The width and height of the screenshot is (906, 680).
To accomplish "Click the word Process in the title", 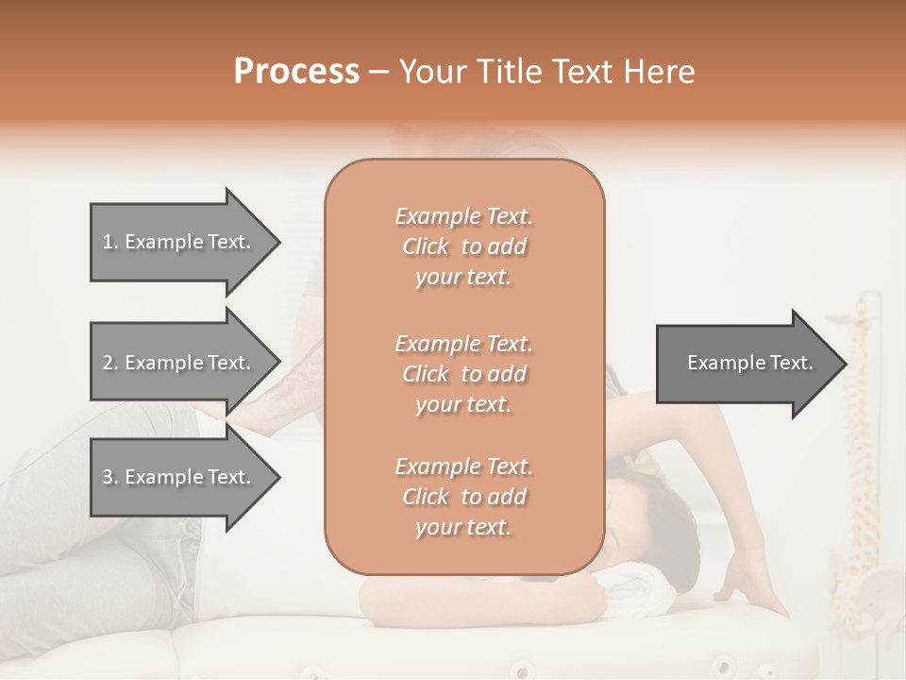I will [296, 72].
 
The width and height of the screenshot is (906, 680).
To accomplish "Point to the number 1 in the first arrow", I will [107, 242].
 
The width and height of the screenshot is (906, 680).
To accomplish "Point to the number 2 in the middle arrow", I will [107, 363].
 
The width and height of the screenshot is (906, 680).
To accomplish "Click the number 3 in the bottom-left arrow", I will [107, 477].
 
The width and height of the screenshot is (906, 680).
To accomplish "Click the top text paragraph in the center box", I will [463, 246].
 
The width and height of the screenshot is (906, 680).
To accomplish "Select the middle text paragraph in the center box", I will [463, 374].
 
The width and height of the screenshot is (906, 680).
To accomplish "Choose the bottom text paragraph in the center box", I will [463, 497].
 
